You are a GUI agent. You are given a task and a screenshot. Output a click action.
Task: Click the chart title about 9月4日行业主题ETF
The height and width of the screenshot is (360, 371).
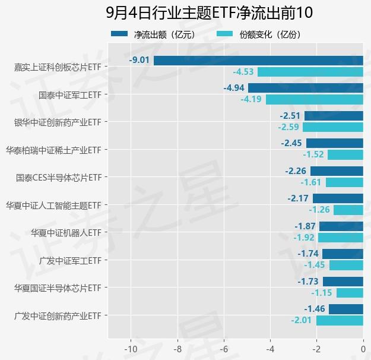click(x=209, y=12)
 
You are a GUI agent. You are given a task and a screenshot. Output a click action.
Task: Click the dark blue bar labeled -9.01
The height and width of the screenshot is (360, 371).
click(x=258, y=60)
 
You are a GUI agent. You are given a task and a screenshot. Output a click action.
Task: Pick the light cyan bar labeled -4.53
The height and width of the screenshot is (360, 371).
click(x=310, y=72)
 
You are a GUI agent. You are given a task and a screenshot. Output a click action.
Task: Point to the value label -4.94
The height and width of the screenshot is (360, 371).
click(x=233, y=88)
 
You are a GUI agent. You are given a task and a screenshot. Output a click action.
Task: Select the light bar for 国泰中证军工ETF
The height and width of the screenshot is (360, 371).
click(x=314, y=99)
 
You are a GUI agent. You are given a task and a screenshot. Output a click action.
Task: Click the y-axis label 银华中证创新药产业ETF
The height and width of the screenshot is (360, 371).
click(x=57, y=122)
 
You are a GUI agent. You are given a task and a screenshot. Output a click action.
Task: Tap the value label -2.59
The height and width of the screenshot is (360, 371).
click(x=288, y=127)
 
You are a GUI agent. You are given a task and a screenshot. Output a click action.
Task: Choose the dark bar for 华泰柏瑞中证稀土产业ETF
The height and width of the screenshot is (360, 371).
click(x=334, y=143)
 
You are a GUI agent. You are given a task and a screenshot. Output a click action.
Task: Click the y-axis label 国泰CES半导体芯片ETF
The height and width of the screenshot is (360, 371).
click(x=59, y=177)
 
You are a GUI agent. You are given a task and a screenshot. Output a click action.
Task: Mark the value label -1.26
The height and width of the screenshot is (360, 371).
click(x=319, y=210)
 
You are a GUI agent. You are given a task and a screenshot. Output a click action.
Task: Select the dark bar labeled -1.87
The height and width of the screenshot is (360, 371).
click(x=341, y=226)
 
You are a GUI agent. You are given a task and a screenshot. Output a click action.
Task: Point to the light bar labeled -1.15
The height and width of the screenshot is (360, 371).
click(x=350, y=293)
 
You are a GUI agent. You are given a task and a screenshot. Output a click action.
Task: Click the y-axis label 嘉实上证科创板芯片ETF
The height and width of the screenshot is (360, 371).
click(x=57, y=67)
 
